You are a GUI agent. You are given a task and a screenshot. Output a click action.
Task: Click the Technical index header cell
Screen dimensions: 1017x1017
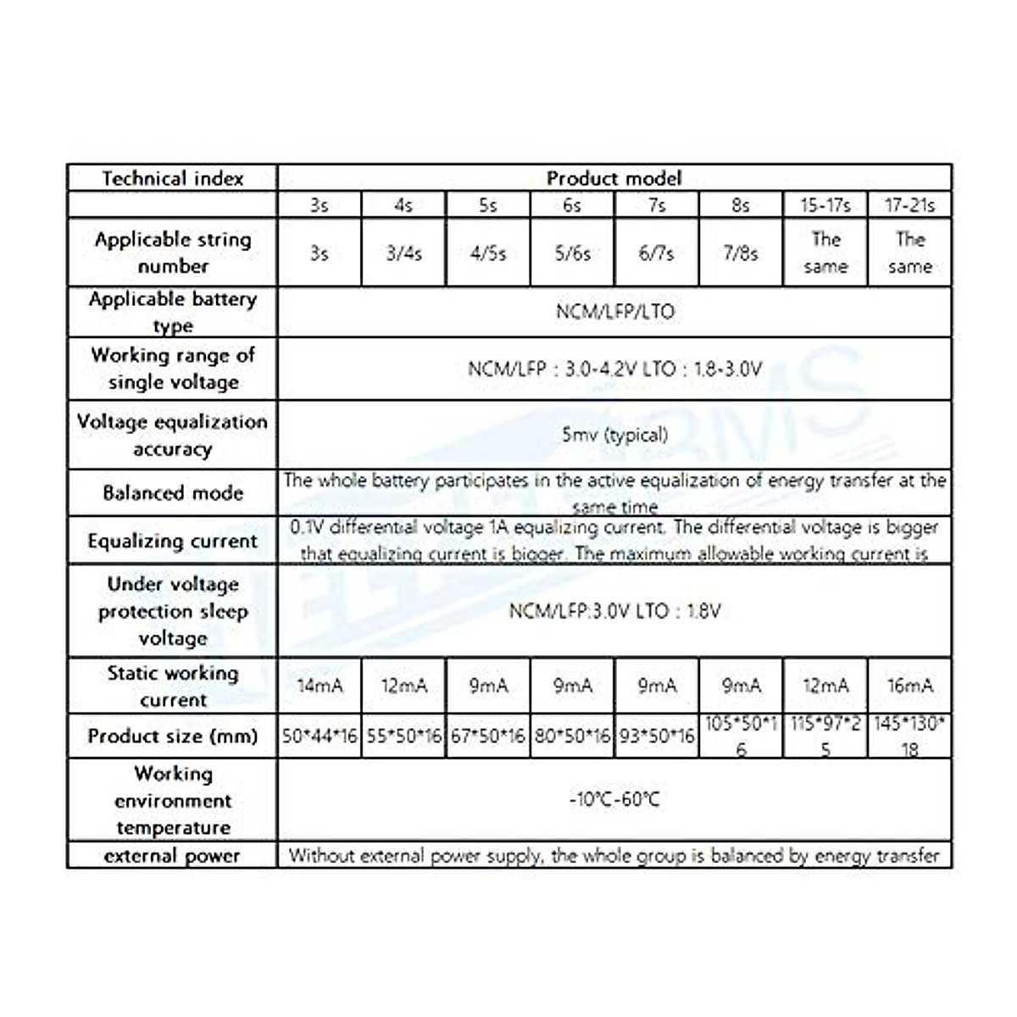[x=172, y=178]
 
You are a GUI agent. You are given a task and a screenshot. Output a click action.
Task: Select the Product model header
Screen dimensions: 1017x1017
[x=614, y=178]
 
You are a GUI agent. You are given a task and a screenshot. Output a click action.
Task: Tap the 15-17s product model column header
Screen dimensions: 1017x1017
[x=825, y=204]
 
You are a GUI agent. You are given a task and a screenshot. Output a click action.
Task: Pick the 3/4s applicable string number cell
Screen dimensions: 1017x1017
[x=403, y=253]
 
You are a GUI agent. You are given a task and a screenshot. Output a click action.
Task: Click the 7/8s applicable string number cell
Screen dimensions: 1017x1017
[x=740, y=253]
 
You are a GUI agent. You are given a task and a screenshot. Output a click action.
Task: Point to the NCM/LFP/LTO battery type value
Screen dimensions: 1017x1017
[x=614, y=312]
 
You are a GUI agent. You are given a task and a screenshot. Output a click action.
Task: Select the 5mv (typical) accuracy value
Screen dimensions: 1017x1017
[x=614, y=435]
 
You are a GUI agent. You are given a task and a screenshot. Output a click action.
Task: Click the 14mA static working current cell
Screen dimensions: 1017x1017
[x=320, y=686]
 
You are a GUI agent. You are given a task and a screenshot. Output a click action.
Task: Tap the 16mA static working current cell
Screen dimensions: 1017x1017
[x=909, y=686]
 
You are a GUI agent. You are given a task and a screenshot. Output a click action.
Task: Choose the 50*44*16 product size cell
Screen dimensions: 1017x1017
[x=320, y=736]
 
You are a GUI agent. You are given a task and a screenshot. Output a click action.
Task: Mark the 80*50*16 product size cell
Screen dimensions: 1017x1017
[x=572, y=736]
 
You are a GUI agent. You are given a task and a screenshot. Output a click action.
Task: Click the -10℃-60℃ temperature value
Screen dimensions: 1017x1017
[x=614, y=799]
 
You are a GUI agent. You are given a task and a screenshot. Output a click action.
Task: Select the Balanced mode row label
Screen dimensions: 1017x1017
[x=172, y=492]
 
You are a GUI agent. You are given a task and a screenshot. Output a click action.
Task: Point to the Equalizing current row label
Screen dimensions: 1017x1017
[x=172, y=541]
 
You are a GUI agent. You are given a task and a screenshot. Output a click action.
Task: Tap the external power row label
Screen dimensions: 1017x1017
[x=172, y=855]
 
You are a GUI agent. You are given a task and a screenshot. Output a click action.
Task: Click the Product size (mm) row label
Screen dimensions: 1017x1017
[x=172, y=736]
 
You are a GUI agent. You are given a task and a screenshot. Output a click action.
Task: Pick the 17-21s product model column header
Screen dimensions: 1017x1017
[x=909, y=204]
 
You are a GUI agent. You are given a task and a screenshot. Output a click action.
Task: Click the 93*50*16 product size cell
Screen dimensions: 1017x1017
[x=657, y=736]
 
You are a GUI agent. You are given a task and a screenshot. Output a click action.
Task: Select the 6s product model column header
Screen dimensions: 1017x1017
[x=572, y=204]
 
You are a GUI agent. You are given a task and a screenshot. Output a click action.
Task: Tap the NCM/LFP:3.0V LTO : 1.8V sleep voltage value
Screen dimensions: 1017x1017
[x=614, y=611]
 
